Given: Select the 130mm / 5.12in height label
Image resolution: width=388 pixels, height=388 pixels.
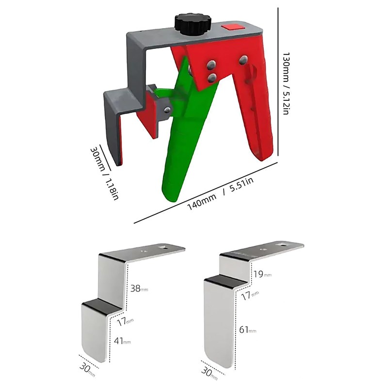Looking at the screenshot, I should click(286, 83).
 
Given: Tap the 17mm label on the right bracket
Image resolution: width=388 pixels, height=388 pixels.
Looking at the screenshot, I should click(249, 293).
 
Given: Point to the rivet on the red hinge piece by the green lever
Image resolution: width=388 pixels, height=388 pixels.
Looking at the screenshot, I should click(167, 111).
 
